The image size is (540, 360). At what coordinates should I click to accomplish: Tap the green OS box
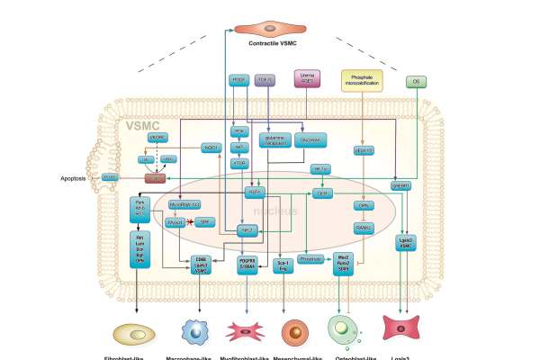416,82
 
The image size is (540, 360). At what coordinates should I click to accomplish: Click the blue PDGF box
239,80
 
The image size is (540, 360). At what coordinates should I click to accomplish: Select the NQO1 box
212,147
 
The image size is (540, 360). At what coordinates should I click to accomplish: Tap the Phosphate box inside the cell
311,257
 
